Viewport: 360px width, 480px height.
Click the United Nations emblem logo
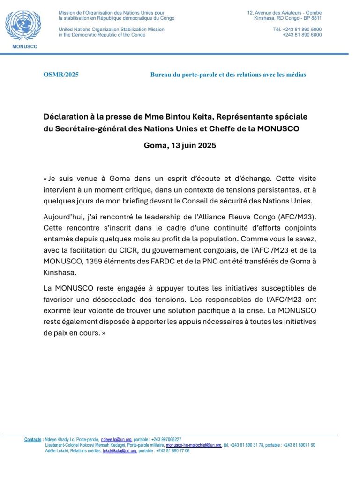(x=23, y=25)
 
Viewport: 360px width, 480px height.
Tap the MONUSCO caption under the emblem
(x=23, y=47)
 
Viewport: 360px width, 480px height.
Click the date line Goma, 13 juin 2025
(x=180, y=145)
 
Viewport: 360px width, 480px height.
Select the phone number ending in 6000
(x=302, y=35)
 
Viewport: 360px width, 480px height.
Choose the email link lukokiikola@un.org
(x=120, y=451)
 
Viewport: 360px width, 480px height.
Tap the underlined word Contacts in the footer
(x=33, y=440)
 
